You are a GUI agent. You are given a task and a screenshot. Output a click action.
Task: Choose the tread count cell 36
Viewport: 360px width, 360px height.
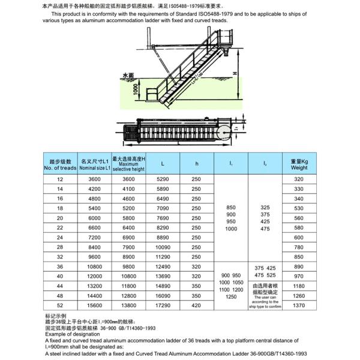click(59, 266)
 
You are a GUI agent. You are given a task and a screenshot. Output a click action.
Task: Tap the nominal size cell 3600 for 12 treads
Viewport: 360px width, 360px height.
click(94, 179)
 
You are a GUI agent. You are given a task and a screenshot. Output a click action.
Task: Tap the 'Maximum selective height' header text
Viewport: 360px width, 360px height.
click(129, 166)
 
